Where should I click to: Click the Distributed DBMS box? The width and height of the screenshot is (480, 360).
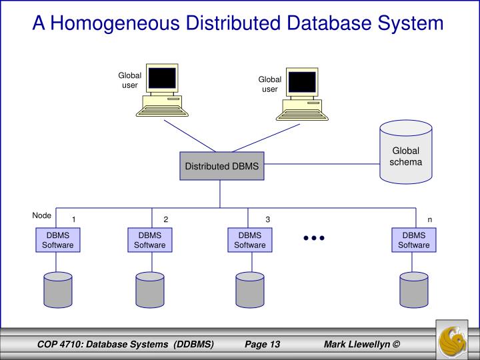(x=221, y=166)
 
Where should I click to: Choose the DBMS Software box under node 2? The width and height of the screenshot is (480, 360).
(x=150, y=240)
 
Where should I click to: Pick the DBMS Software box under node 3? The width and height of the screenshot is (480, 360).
(x=249, y=240)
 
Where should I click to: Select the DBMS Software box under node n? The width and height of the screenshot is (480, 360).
(x=414, y=240)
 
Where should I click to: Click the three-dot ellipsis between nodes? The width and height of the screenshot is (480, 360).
(x=313, y=238)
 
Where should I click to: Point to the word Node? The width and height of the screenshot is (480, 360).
(x=41, y=215)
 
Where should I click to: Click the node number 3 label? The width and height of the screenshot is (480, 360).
(x=267, y=219)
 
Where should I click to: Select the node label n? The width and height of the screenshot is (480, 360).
(x=430, y=219)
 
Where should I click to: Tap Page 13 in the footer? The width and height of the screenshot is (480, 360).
(x=262, y=344)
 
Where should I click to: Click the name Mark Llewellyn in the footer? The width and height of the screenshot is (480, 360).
(x=357, y=344)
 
